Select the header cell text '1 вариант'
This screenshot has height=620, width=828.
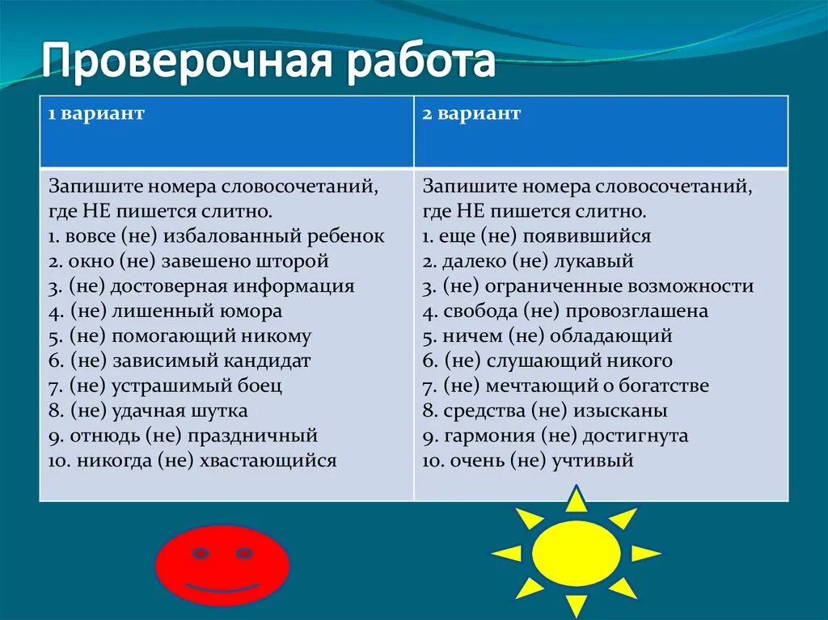coord(96,113)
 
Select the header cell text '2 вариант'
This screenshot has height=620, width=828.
coord(471,113)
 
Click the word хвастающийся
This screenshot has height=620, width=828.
coord(268,461)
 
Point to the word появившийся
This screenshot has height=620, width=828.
coord(587,237)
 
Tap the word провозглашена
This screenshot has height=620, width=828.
coord(637,311)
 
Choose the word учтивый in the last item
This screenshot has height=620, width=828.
coord(593,461)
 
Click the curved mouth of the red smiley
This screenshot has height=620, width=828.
coord(222,587)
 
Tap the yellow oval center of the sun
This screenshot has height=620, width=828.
coord(576,553)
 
